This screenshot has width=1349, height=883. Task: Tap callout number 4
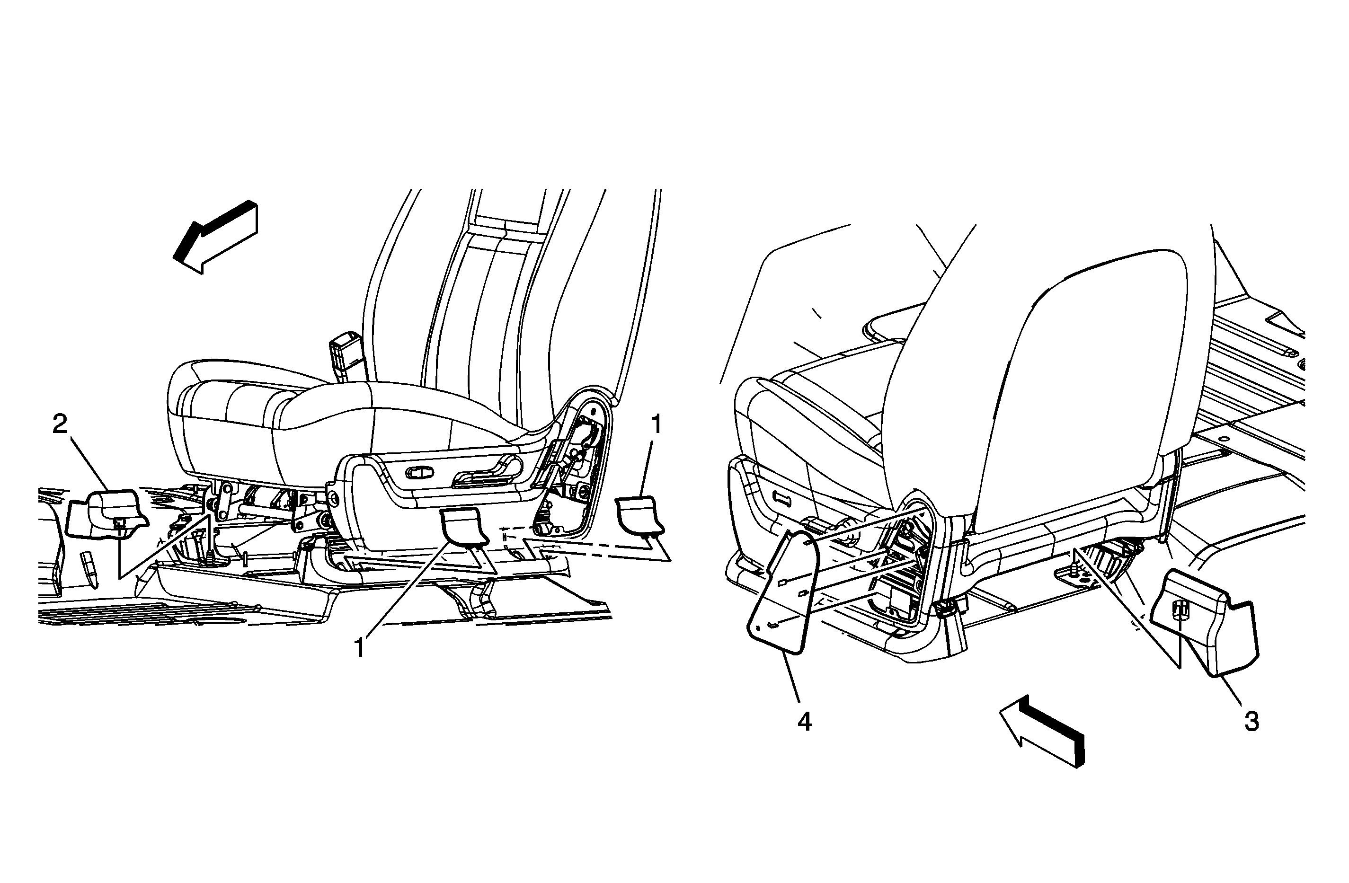(x=804, y=722)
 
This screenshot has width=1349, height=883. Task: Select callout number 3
(x=1251, y=722)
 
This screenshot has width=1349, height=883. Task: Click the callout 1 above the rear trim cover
(x=657, y=424)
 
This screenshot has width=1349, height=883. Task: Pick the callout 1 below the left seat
(x=359, y=648)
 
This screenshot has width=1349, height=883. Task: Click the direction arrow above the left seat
(x=215, y=237)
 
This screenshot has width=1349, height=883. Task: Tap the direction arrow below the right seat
(x=1042, y=731)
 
